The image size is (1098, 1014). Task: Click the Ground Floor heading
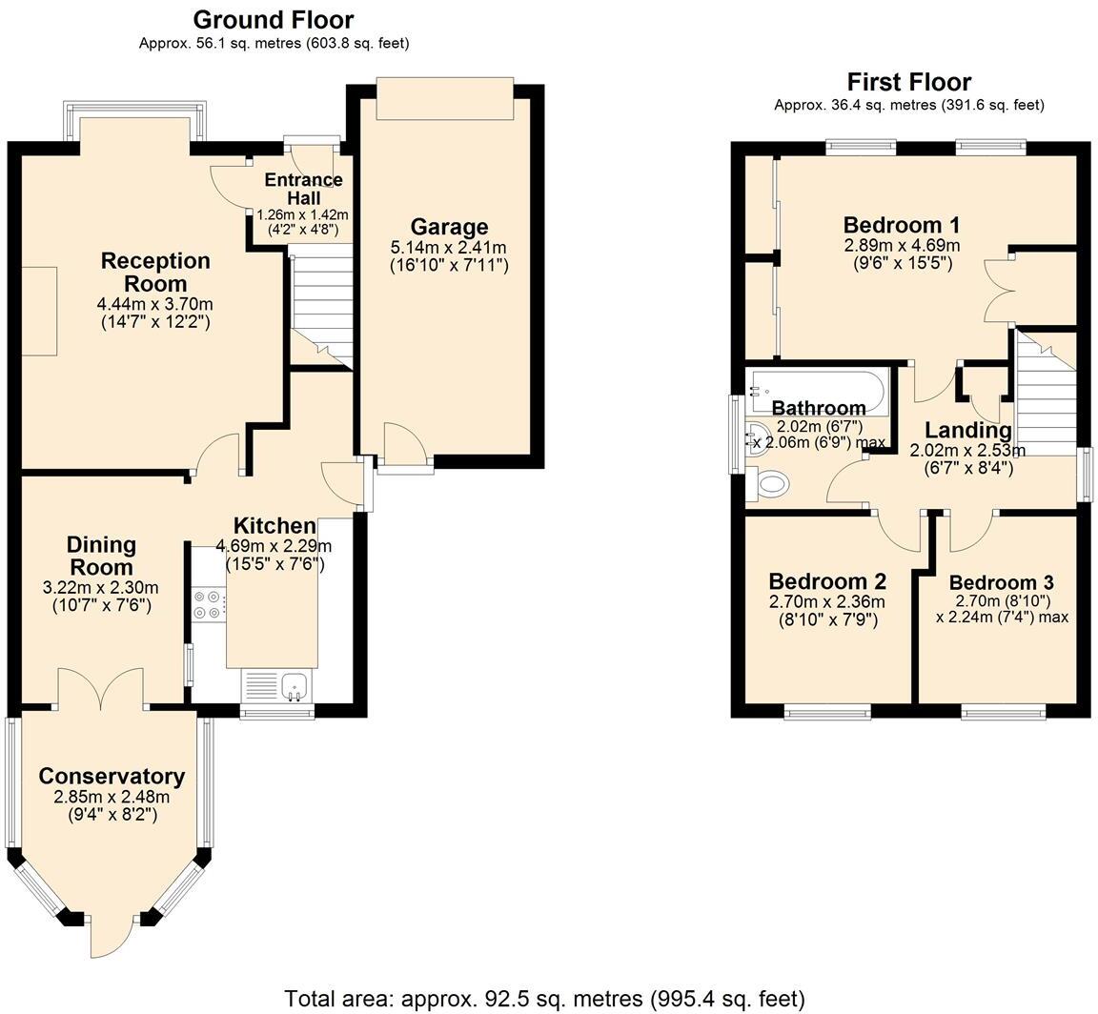click(274, 19)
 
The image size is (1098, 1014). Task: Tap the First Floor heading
click(909, 82)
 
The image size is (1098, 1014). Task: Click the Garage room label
click(449, 227)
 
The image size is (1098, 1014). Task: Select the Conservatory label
click(112, 776)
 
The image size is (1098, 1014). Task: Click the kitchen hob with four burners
click(209, 604)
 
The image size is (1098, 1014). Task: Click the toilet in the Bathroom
click(767, 483)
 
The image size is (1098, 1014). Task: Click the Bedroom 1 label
click(902, 226)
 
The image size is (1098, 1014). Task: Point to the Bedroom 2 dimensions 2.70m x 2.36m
click(827, 601)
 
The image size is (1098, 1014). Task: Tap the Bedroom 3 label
click(1002, 582)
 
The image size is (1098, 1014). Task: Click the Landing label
click(968, 430)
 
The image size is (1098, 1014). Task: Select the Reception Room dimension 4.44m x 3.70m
click(154, 305)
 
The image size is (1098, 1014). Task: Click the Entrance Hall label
click(303, 189)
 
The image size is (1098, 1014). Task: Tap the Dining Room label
click(102, 556)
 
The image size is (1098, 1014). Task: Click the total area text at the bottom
click(545, 997)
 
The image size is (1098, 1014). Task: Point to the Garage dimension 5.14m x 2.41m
click(449, 248)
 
